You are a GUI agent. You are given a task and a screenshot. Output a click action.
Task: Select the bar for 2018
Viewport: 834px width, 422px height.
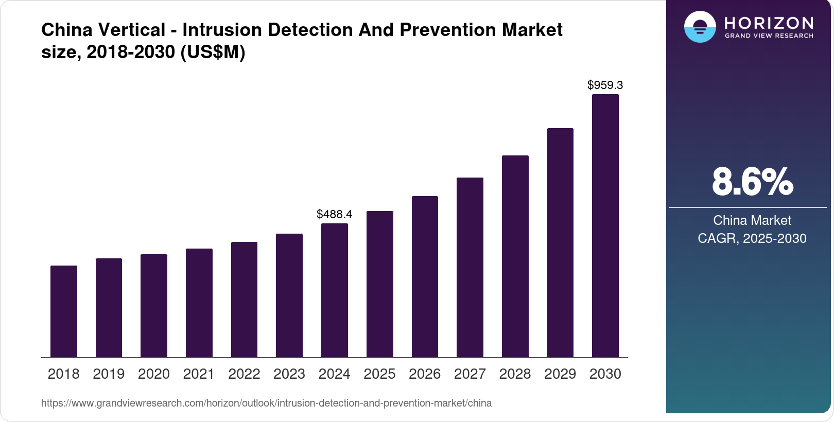(x=64, y=311)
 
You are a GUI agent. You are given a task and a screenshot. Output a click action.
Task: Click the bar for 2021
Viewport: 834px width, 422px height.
(x=199, y=303)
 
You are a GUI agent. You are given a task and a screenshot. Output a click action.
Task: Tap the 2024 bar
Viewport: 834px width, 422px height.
(x=334, y=290)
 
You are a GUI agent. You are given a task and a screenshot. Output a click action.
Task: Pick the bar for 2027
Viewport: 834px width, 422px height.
(x=470, y=267)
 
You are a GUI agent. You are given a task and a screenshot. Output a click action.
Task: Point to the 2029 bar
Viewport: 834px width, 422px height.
(x=560, y=242)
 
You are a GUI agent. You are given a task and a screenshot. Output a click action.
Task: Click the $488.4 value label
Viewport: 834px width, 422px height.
(x=334, y=214)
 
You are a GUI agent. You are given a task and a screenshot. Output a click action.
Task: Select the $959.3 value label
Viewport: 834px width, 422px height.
(x=605, y=85)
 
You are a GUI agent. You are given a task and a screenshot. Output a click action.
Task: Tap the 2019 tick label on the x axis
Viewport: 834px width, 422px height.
(x=109, y=374)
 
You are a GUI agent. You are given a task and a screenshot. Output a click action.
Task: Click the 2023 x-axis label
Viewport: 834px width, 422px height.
(x=289, y=374)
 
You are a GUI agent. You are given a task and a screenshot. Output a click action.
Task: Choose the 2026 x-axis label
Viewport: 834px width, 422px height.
(x=424, y=374)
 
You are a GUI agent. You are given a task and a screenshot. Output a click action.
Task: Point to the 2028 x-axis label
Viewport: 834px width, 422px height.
(x=515, y=374)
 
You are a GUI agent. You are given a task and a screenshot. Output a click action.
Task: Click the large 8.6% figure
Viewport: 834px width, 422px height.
(x=752, y=182)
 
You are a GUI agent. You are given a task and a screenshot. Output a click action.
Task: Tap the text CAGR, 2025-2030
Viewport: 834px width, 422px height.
(x=752, y=238)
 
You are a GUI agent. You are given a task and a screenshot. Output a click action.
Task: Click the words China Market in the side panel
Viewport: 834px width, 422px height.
(x=752, y=220)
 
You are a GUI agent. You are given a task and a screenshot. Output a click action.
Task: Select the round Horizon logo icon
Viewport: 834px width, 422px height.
(x=700, y=27)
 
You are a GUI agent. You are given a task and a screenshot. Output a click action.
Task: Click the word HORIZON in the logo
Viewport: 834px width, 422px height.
(x=769, y=23)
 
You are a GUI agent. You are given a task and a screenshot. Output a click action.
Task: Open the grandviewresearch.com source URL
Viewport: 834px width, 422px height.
(x=266, y=403)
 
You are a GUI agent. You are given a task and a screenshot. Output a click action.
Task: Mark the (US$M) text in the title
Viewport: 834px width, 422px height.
(x=213, y=52)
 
